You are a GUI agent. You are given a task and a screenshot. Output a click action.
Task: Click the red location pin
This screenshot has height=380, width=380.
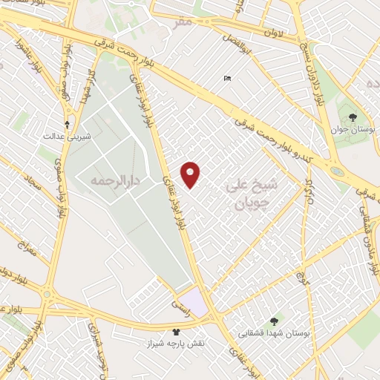click(191, 174)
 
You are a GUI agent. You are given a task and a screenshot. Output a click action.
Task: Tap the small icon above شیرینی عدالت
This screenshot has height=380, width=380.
click(68, 124)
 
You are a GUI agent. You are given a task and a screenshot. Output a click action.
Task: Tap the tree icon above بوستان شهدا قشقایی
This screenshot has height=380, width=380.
click(275, 321)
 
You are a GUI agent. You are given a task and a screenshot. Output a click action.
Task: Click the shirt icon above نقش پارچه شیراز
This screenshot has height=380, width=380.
click(176, 332)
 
